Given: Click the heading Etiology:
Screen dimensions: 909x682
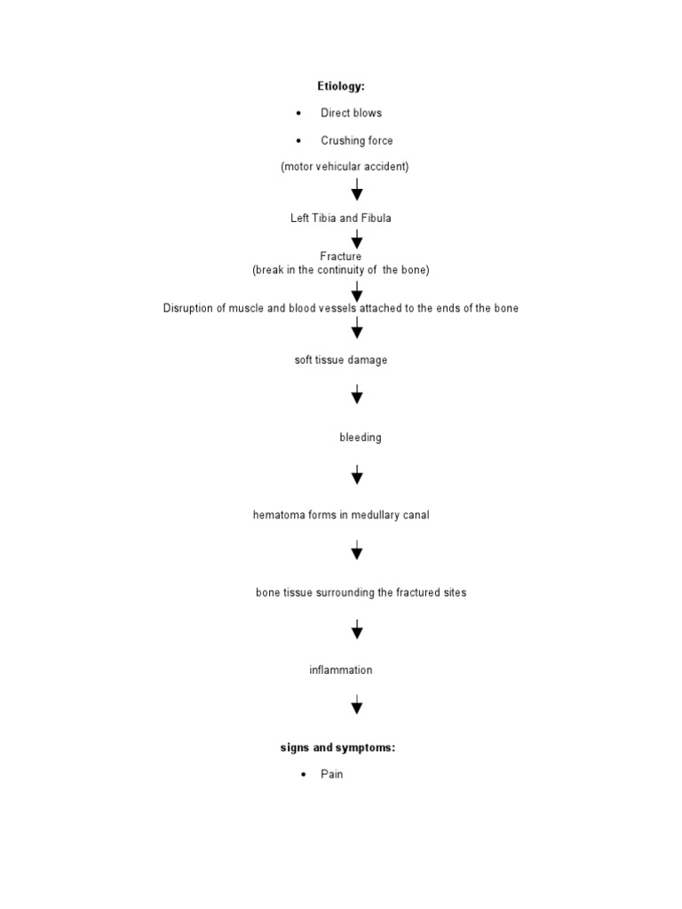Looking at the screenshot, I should click(341, 86).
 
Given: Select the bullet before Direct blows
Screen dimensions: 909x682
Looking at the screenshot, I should click(299, 114).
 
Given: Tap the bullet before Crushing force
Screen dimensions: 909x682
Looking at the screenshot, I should click(299, 141).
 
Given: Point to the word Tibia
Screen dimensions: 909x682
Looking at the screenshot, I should click(325, 218).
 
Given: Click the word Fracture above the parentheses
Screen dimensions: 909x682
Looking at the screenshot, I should click(341, 257).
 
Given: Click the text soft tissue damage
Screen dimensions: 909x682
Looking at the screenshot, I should click(341, 360).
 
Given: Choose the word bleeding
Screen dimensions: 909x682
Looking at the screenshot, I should click(361, 438).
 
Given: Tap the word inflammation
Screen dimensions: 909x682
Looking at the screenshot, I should click(341, 670).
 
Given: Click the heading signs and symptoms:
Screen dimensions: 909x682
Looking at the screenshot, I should click(338, 747).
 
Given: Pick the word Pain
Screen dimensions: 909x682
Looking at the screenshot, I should click(332, 774).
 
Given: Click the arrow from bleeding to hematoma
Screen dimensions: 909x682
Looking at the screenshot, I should click(357, 474).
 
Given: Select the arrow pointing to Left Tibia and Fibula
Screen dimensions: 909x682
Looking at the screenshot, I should click(357, 190).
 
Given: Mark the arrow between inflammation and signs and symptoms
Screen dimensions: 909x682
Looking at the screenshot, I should click(357, 706).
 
